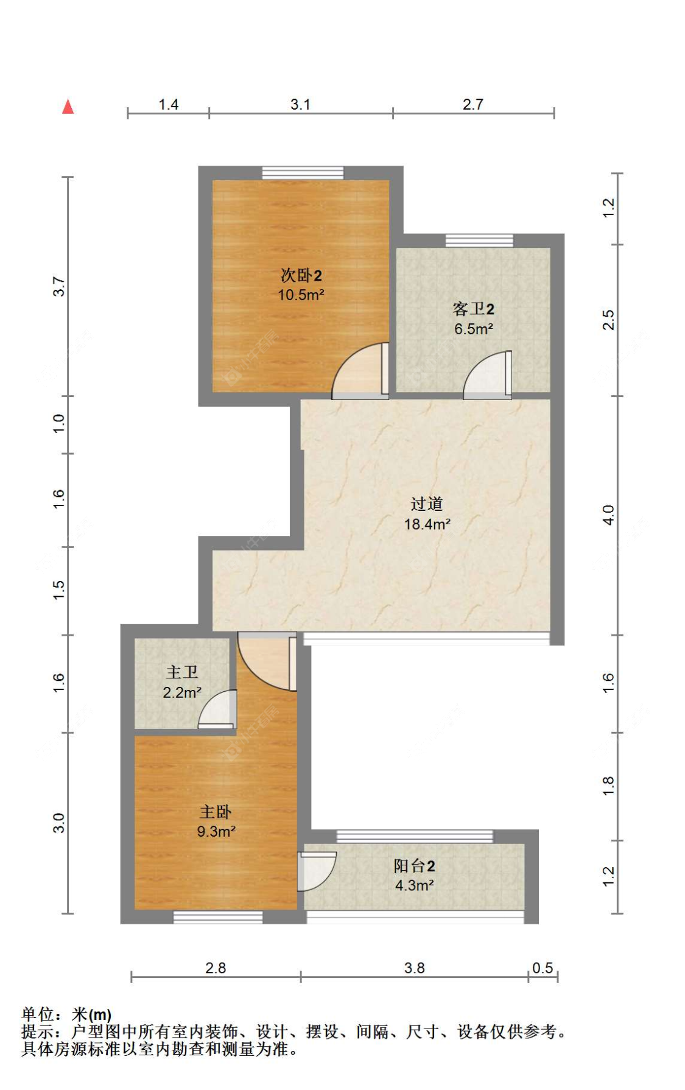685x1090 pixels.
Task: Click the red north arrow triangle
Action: pos(68,107)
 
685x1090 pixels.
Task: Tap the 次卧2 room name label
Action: pos(301,275)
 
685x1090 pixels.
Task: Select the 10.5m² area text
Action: pos(301,295)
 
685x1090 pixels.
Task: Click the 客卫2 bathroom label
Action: pos(473,309)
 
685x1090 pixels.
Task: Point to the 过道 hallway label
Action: pos(426,504)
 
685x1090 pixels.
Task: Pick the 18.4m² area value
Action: pos(427,524)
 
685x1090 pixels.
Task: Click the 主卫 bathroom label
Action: pos(182,672)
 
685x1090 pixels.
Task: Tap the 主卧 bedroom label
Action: pos(216,812)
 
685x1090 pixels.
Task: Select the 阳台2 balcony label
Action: pos(414,866)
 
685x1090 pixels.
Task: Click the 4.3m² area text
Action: pos(414,885)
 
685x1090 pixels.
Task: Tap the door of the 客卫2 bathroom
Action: pos(487,375)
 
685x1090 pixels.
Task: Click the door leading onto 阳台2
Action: pos(317,871)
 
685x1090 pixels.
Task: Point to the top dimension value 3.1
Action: pos(300,105)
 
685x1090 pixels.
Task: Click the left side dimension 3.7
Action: pos(58,286)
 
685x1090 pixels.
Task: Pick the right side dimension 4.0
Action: pos(608,516)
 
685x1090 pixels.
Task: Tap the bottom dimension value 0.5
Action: pos(543,968)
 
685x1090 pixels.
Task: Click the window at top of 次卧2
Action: pos(303,173)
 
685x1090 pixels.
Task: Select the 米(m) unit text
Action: pos(91,1014)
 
